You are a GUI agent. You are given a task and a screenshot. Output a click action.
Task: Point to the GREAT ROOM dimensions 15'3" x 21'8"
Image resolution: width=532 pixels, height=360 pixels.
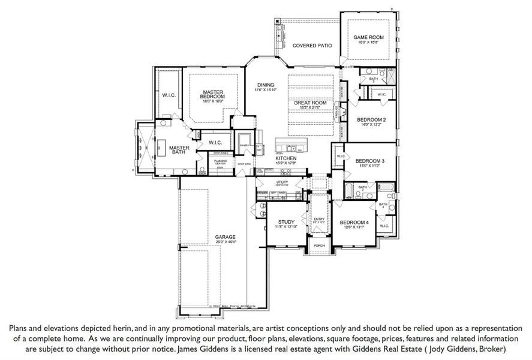(x=310, y=108)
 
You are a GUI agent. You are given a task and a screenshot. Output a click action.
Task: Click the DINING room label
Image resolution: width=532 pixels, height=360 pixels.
(x=265, y=85)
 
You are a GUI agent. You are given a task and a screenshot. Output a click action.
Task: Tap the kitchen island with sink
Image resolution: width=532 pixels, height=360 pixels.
(x=291, y=146)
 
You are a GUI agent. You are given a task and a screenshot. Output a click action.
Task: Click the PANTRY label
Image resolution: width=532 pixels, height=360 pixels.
(x=244, y=145)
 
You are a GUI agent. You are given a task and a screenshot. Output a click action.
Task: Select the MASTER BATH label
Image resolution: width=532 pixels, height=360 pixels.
(x=179, y=149)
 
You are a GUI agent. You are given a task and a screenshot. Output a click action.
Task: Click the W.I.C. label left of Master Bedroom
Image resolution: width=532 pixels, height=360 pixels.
(x=168, y=95)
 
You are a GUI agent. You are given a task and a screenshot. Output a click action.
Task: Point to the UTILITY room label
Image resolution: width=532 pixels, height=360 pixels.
(x=282, y=181)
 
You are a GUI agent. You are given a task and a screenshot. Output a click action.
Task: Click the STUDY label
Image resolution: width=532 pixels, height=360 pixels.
(x=285, y=223)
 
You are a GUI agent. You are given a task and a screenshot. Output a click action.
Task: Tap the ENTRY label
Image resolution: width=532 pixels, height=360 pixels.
(x=318, y=219)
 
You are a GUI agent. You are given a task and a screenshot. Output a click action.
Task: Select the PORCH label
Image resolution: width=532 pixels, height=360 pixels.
(x=318, y=245)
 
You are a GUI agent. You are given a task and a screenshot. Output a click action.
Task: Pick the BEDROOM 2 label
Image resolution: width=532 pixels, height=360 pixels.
(x=371, y=120)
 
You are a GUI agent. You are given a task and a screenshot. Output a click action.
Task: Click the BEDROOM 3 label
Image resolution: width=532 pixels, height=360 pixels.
(x=369, y=161)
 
